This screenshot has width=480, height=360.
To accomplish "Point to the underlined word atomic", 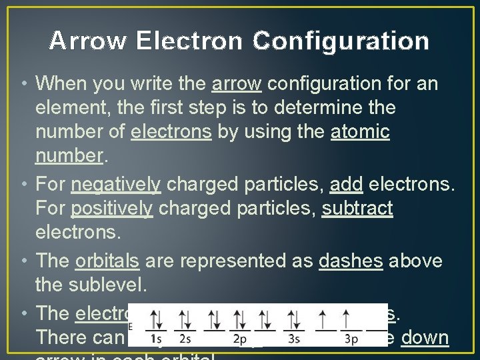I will point(360,132).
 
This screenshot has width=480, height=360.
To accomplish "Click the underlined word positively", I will point(112,208).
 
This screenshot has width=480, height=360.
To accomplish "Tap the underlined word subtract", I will point(357,208).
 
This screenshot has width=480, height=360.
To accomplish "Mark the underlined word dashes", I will point(351,261).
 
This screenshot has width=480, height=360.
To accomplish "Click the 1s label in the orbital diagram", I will point(158,339).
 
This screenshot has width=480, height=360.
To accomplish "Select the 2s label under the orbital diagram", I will point(185,339).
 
